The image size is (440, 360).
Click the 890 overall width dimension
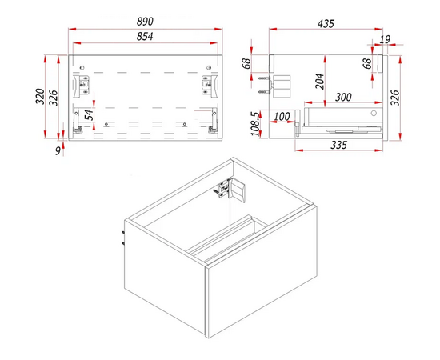145,22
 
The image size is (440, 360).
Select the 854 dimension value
145,37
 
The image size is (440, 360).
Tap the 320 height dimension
40,96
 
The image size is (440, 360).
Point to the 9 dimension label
58,150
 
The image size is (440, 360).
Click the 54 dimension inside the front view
89,114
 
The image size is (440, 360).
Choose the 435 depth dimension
326,24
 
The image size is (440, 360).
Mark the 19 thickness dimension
385,39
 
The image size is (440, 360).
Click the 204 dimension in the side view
320,82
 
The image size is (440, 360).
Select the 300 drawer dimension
343,97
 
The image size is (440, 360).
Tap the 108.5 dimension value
255,124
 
